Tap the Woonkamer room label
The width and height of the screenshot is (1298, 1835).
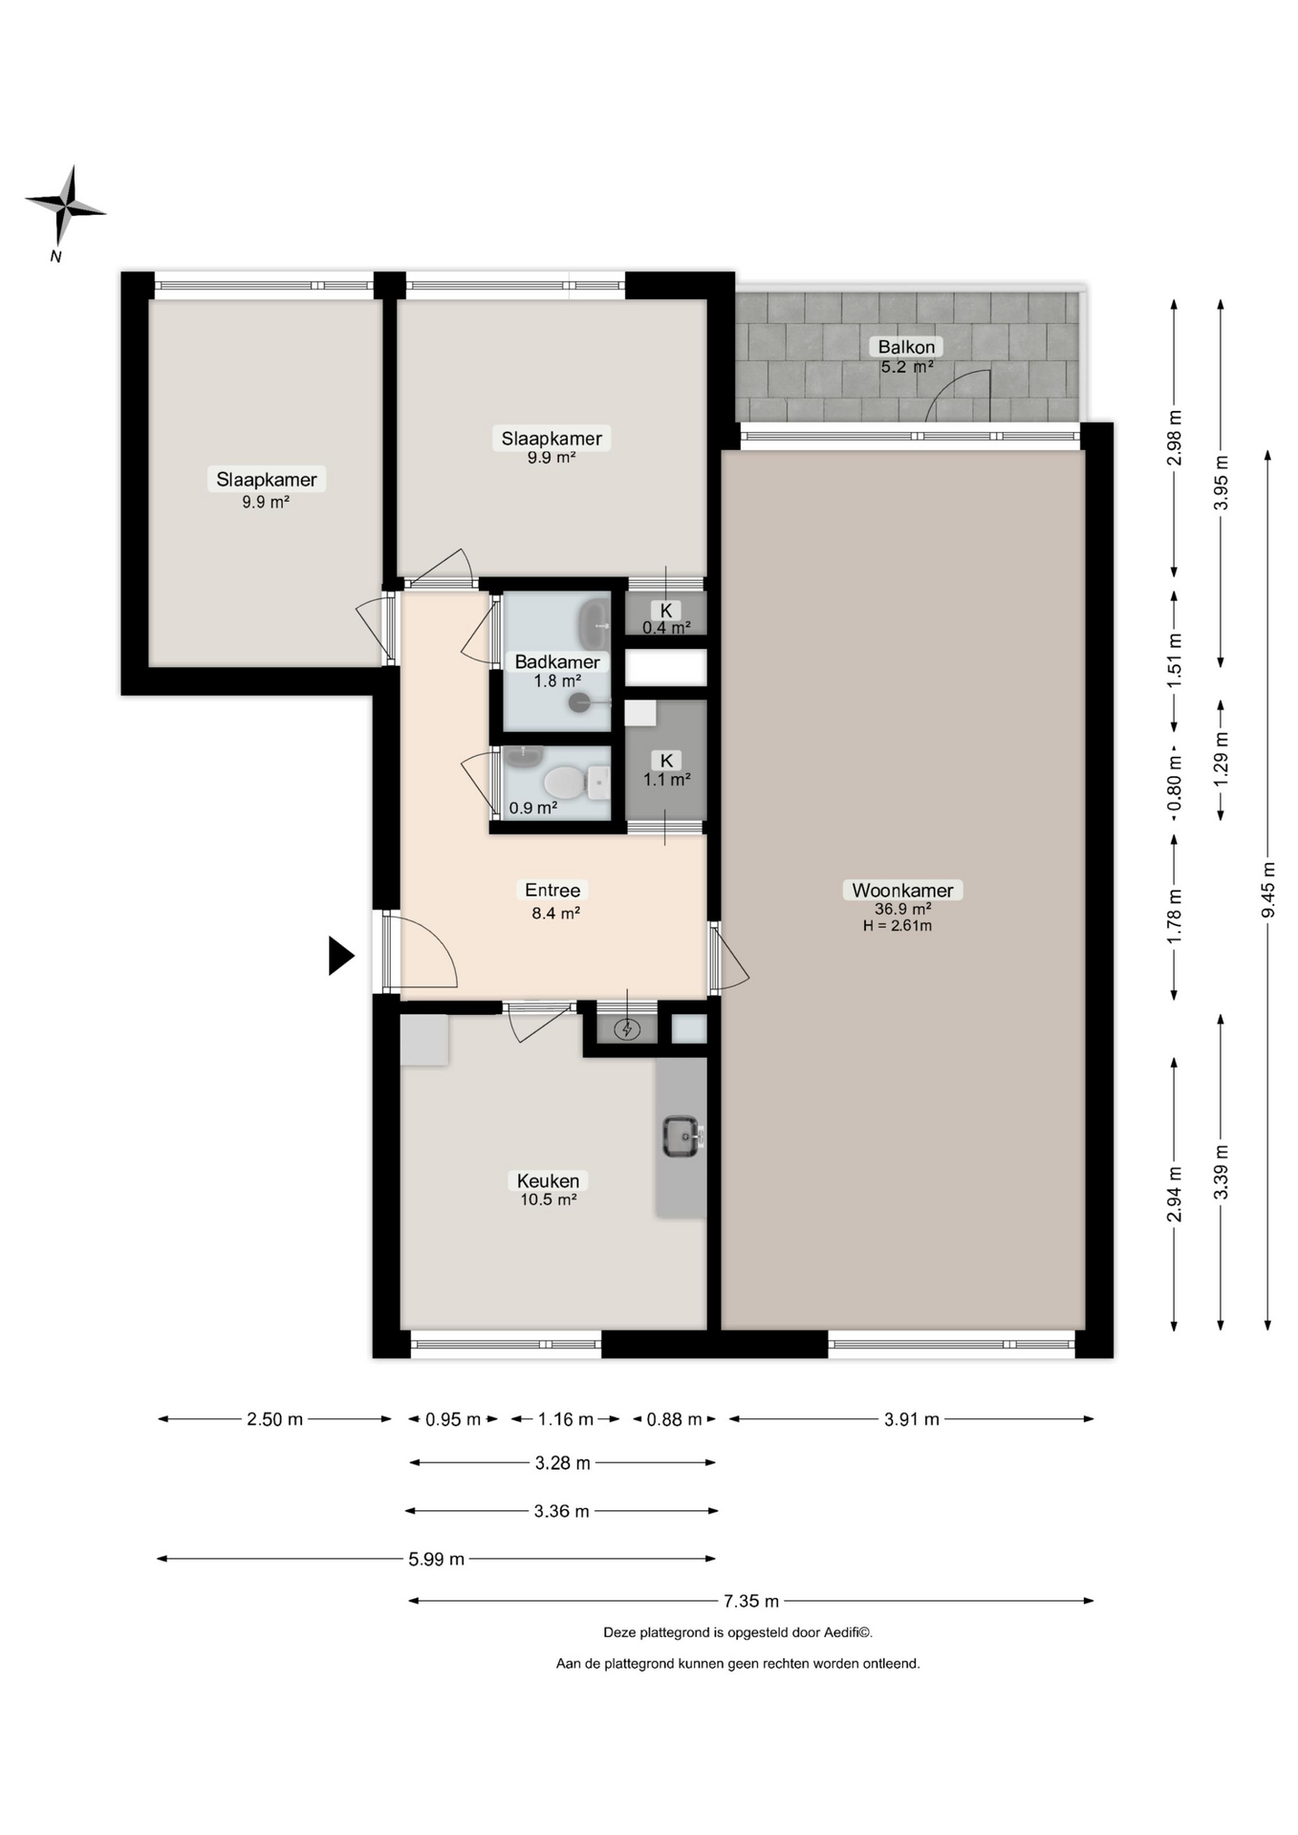pos(902,890)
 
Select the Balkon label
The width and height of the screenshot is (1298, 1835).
pos(906,346)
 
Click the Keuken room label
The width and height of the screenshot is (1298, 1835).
pos(548,1180)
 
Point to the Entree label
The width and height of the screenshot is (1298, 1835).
pos(552,890)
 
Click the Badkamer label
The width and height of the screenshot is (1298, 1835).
pos(557,661)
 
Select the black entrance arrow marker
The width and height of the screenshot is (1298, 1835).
pos(341,955)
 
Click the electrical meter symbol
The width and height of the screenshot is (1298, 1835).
pos(627,1029)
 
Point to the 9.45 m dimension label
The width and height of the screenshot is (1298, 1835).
pos(1267,890)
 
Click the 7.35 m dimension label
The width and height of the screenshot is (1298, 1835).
pos(751,1600)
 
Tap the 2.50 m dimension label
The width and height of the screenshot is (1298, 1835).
pos(274,1419)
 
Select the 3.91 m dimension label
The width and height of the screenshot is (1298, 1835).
pos(911,1419)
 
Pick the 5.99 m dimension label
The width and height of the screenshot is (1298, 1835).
pos(436,1559)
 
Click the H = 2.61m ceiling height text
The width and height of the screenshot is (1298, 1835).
pos(898,925)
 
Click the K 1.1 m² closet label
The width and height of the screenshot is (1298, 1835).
pos(666,769)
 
